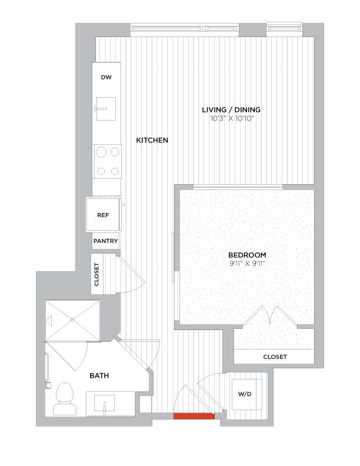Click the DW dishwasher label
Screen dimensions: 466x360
point(106,77)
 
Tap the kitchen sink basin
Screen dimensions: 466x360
point(106,109)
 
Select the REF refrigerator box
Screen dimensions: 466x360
point(104,215)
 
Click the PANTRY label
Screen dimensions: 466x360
point(106,241)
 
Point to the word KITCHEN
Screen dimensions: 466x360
point(152,141)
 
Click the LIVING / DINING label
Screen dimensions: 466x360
point(231,110)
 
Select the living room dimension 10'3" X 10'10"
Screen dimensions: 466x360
point(231,119)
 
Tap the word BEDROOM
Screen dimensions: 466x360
point(247,255)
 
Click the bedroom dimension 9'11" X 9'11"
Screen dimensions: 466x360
point(247,263)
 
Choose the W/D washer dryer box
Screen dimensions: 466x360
point(245,393)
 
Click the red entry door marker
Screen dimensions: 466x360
point(194,416)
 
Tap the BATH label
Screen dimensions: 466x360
point(99,375)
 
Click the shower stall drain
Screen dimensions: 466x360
point(73,319)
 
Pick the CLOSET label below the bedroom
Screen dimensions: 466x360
point(275,357)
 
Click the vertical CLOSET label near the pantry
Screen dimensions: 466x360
point(97,274)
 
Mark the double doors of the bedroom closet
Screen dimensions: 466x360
point(269,317)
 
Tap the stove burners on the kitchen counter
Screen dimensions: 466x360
point(106,162)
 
